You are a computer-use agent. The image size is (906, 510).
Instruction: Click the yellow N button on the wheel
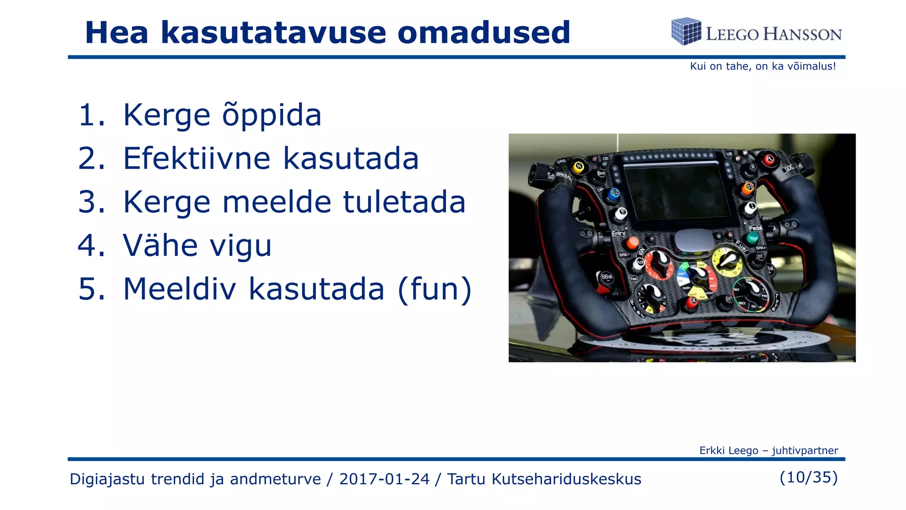point(578,166)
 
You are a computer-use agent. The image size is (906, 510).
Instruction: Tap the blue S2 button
point(614,194)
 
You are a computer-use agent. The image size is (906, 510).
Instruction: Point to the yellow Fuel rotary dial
point(727,261)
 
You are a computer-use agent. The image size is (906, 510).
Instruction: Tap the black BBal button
point(607,277)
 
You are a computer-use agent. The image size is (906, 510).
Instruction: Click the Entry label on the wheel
point(618,233)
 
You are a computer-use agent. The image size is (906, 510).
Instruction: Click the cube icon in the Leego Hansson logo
point(686,31)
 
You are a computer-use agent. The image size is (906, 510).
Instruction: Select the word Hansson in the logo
point(802,34)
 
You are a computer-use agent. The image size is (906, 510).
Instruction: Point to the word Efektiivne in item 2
point(196,158)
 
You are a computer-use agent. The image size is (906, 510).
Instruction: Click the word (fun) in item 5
point(435,289)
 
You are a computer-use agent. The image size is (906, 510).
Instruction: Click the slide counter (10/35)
point(809,477)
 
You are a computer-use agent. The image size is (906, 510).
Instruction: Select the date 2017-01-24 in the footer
point(384,479)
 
